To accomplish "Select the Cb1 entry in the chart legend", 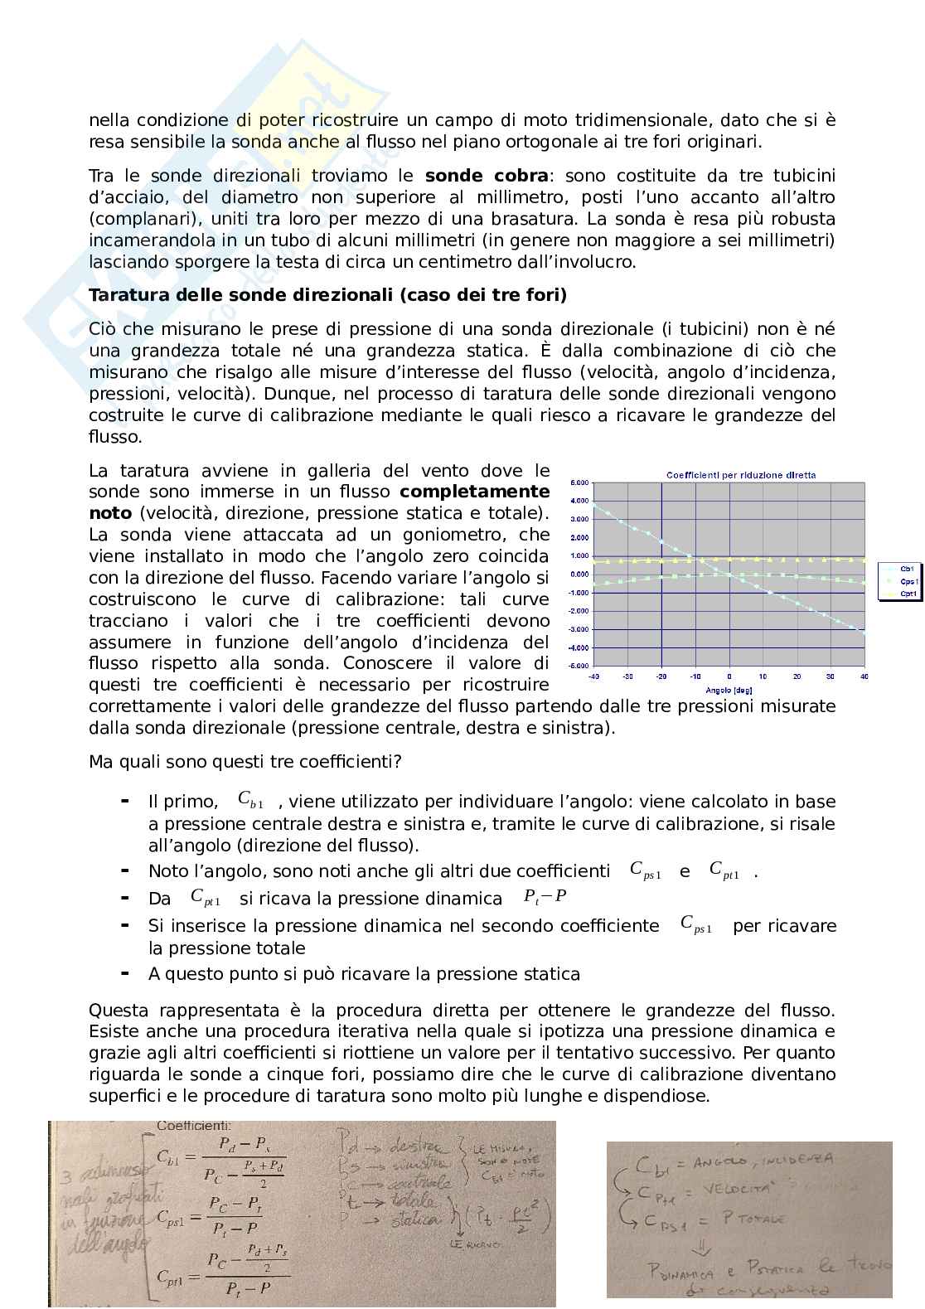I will click(908, 569).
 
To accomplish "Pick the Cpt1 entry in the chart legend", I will click(908, 594).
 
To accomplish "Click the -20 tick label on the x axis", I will click(661, 677).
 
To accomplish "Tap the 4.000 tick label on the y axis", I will click(579, 501).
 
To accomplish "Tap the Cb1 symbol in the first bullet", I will click(250, 800).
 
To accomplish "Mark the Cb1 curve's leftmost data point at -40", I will click(594, 504).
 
